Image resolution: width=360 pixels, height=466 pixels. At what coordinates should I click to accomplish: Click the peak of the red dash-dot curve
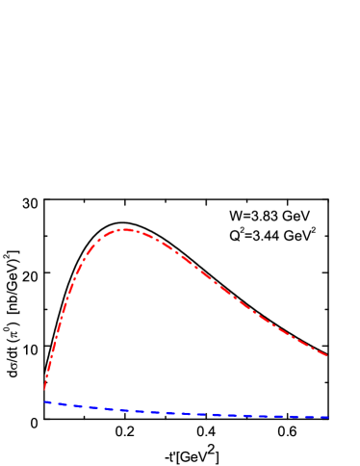[x=124, y=229]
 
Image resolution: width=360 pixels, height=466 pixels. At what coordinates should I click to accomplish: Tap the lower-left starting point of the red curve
[x=44, y=389]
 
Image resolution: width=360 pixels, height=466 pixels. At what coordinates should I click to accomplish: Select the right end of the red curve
[x=327, y=355]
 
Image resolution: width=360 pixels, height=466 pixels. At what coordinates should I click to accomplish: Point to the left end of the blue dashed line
[x=44, y=401]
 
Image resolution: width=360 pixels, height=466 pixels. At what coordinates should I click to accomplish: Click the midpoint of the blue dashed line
[x=187, y=413]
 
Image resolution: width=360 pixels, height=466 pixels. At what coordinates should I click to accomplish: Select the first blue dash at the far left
[x=48, y=402]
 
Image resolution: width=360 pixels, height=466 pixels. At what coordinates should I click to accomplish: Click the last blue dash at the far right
[x=324, y=417]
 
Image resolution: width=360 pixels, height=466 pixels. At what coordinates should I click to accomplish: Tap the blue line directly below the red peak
[x=124, y=409]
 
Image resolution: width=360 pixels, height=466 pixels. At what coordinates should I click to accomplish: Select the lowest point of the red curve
[x=44, y=389]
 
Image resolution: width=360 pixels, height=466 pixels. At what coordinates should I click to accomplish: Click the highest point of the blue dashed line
[x=44, y=401]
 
